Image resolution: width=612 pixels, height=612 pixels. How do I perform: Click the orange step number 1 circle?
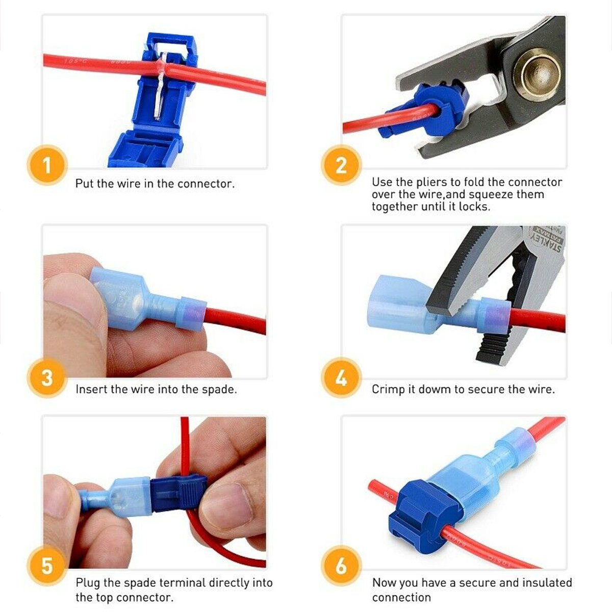coord(47,165)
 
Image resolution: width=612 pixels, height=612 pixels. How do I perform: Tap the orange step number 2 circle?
coord(341,165)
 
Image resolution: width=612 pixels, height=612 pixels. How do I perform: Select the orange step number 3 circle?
coord(47,378)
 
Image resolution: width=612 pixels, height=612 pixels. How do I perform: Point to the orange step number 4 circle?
coord(341,378)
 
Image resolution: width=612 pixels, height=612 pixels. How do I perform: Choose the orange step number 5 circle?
coord(47,566)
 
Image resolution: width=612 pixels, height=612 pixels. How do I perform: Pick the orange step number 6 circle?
coord(341,566)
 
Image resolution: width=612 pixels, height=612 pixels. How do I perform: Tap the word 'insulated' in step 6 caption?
coord(547,582)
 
